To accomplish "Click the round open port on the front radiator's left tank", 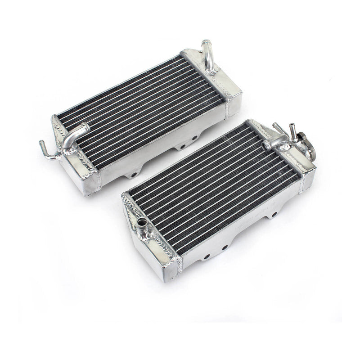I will pyautogui.click(x=144, y=222).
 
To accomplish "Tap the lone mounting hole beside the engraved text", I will pyautogui.click(x=271, y=211).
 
